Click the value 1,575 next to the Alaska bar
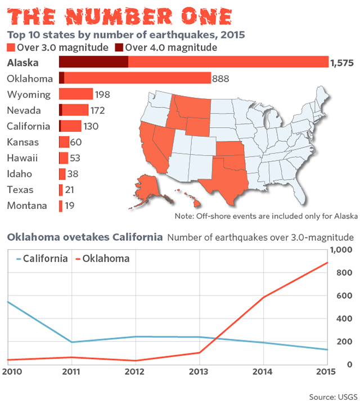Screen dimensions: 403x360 coord(343,62)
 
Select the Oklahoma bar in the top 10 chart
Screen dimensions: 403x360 coord(135,78)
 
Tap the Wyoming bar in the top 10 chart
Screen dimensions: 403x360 coord(76,94)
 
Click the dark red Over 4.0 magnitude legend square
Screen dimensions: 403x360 coord(119,47)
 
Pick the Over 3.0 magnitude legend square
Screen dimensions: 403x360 coord(11,47)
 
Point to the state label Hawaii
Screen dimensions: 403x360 coord(20,158)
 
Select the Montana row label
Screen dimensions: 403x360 coord(27,205)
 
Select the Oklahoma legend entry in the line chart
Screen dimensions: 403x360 coord(102,259)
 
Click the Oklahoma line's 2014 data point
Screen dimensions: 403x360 coord(263,297)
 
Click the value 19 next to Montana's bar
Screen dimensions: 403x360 coord(70,205)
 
